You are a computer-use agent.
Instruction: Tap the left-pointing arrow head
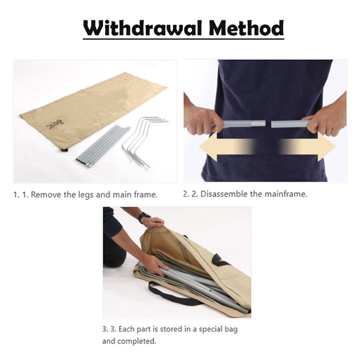pos(208,147)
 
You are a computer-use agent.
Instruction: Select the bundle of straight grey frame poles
pos(103,146)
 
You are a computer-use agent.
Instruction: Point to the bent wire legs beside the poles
pos(145,142)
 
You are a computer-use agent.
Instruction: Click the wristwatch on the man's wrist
pos(144,217)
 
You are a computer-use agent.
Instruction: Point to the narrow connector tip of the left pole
pos(259,124)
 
